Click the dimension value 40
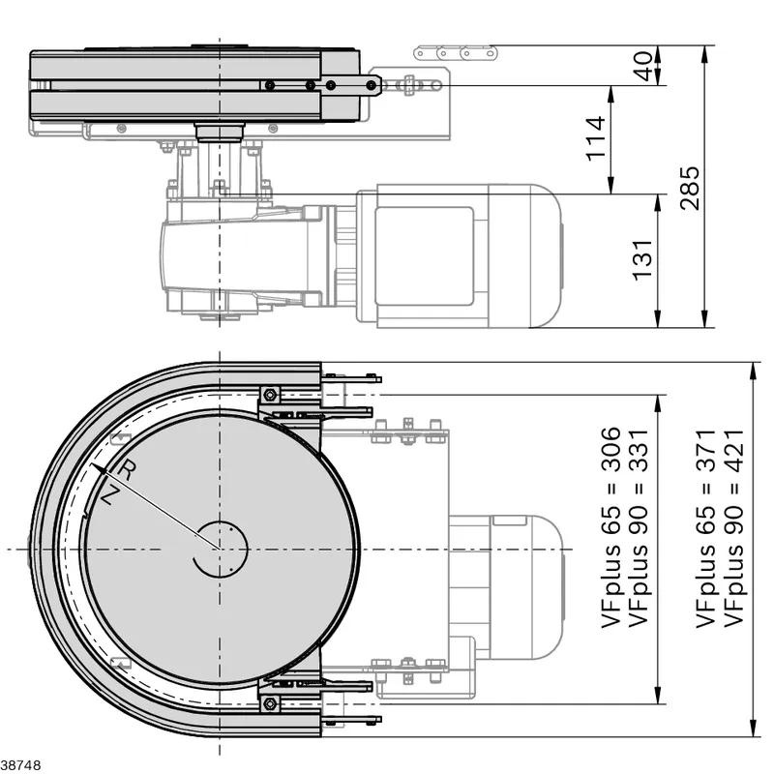(642, 66)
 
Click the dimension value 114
(596, 138)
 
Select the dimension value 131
(642, 260)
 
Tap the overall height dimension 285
(690, 188)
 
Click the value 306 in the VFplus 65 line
(610, 449)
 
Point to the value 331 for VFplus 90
(639, 451)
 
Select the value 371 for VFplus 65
(706, 451)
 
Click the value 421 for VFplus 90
(733, 451)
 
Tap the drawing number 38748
(20, 765)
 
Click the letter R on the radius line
(127, 470)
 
